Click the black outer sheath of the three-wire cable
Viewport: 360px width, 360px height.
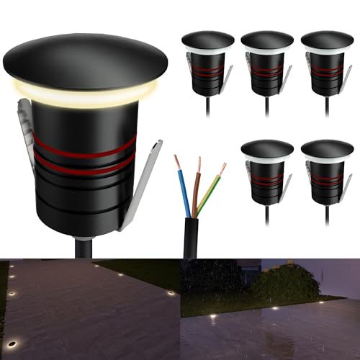[x=190, y=238]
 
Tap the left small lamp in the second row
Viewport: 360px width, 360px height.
[x=267, y=173]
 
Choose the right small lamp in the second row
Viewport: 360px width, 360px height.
[x=327, y=173]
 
